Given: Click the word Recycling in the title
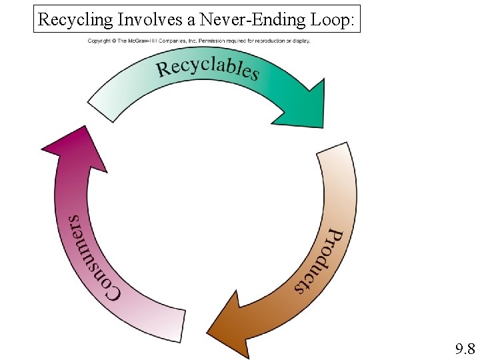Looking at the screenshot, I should pos(75,19).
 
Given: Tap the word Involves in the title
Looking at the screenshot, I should pos(140,19).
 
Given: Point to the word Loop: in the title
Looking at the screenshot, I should pos(335,19).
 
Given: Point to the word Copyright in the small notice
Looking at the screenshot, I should pos(99,41).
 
